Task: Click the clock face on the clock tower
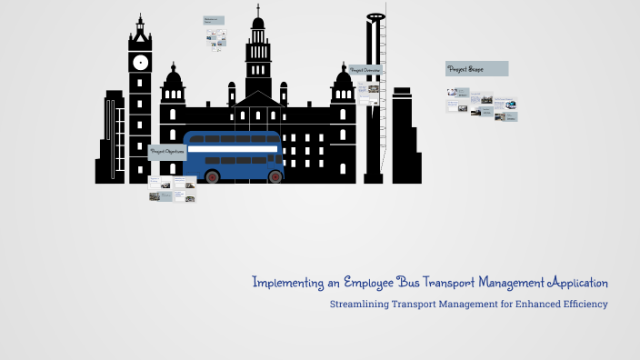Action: click(140, 63)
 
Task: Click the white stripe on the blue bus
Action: click(233, 147)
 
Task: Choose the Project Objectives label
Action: click(167, 152)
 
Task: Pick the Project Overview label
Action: click(365, 70)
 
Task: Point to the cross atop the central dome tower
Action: click(258, 8)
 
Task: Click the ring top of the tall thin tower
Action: click(374, 17)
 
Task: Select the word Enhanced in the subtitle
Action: click(522, 305)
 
